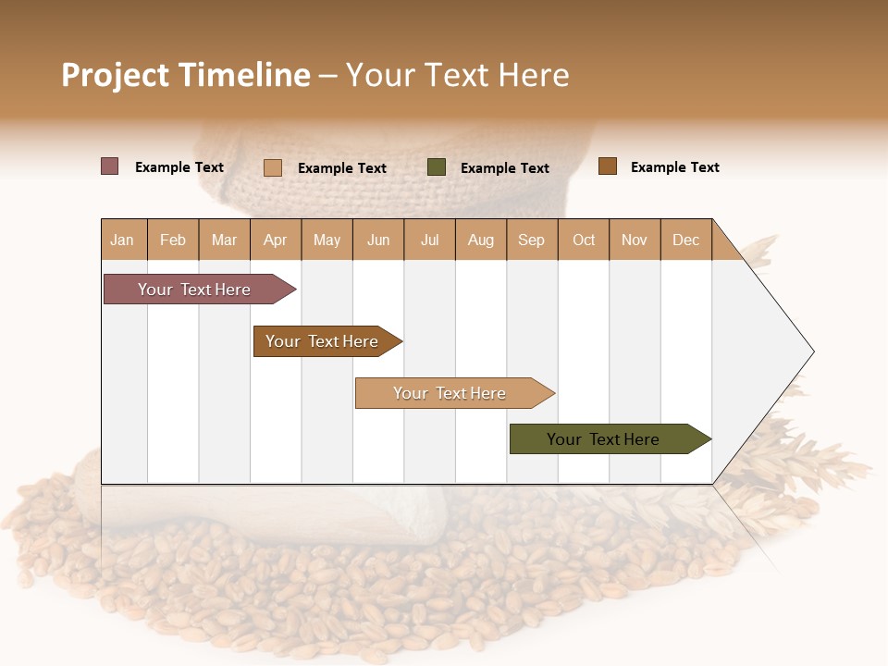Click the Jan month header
click(x=123, y=240)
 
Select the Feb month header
click(x=173, y=240)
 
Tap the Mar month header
click(x=224, y=240)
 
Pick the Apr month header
click(x=276, y=240)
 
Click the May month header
click(x=327, y=240)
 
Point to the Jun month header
click(x=378, y=240)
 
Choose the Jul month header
click(x=429, y=240)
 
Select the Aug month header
click(x=481, y=240)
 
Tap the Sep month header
click(x=532, y=240)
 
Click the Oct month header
click(x=584, y=240)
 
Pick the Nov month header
click(x=635, y=240)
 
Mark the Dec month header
click(x=686, y=240)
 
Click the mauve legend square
click(x=110, y=166)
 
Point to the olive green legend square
click(x=437, y=167)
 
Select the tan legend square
click(x=273, y=167)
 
